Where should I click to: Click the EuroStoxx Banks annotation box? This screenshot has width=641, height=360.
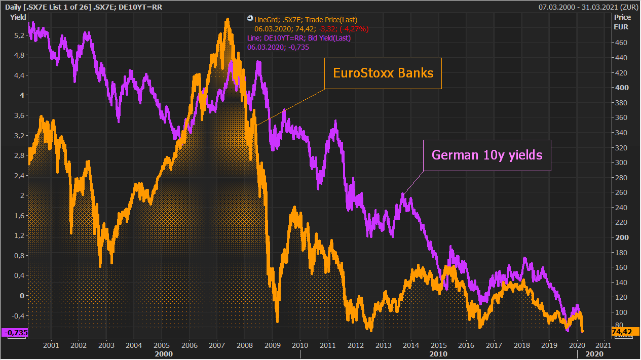click(x=383, y=73)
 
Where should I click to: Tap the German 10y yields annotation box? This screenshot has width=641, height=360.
click(x=487, y=155)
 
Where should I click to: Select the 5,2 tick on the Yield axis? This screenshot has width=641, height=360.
click(x=19, y=35)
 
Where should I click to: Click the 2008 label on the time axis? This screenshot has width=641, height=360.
click(x=245, y=345)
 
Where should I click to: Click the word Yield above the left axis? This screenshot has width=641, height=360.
click(x=18, y=17)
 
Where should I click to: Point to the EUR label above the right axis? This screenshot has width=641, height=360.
click(x=621, y=27)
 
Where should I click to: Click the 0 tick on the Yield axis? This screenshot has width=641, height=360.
click(x=21, y=295)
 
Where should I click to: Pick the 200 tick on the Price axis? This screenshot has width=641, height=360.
click(x=621, y=237)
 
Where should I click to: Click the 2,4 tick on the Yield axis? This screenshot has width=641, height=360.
click(x=19, y=175)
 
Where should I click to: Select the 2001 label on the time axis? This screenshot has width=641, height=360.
click(x=51, y=345)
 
